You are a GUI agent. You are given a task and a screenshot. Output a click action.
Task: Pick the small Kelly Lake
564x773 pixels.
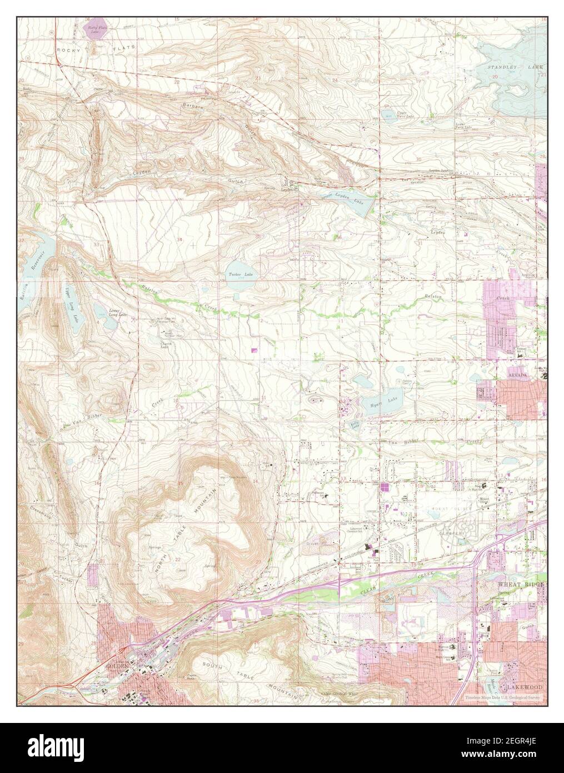pyautogui.click(x=354, y=425)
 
